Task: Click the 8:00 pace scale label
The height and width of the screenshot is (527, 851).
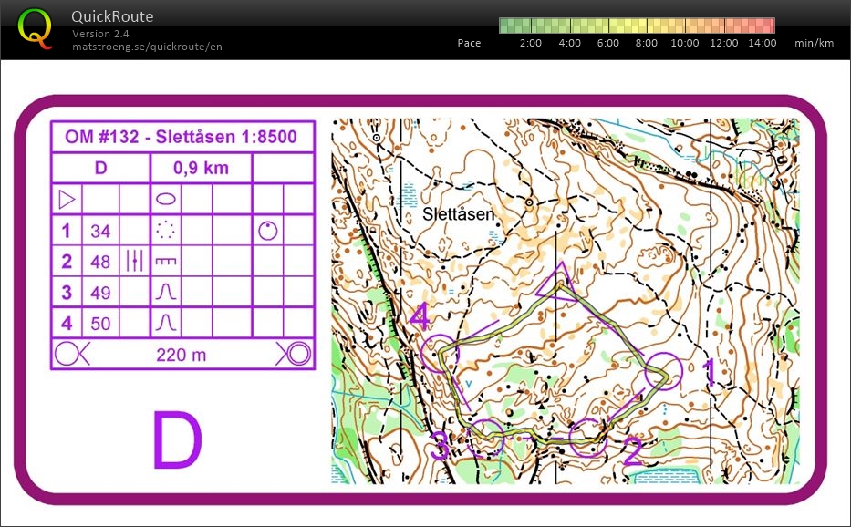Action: pos(646,43)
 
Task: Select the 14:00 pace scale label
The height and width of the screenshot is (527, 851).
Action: pos(762,43)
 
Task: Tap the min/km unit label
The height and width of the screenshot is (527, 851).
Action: pos(814,43)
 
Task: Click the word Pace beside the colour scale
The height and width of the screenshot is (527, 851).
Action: pos(469,43)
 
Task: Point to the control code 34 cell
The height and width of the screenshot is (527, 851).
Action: pos(100,232)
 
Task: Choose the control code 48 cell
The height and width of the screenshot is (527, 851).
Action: pos(100,262)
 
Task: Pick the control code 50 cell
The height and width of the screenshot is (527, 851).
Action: pos(100,323)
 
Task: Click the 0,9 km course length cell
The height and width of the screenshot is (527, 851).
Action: pos(201,168)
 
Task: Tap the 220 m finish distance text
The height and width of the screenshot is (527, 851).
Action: pos(182,355)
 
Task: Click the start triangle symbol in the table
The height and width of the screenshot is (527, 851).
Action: pos(67,198)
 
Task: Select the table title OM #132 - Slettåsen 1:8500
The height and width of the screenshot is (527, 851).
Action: pos(181,138)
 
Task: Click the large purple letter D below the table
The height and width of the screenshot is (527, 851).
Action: pos(176,441)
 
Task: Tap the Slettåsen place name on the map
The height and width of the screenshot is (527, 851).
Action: pos(459,214)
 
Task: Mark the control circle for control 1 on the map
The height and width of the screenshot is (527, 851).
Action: pos(662,374)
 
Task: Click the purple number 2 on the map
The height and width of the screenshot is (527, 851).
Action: pos(632,450)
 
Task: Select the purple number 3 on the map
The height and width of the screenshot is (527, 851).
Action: pos(441,447)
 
